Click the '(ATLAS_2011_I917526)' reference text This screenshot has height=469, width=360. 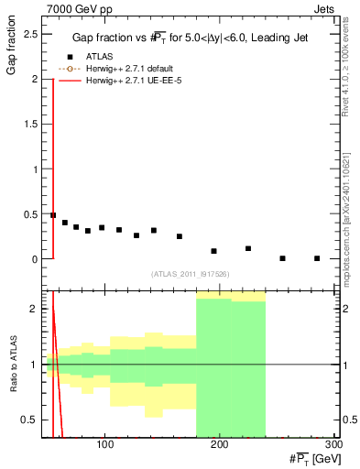(190, 273)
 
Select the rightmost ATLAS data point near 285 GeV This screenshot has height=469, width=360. (317, 258)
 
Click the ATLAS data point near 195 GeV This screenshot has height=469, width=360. (213, 251)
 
